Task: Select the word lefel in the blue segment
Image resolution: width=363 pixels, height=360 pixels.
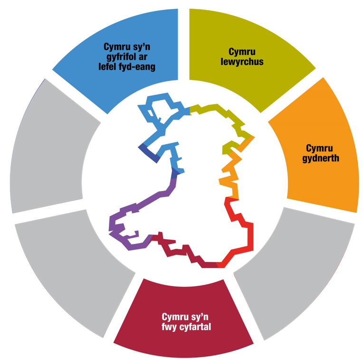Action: point(106,67)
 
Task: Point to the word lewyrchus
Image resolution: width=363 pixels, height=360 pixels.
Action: point(242,62)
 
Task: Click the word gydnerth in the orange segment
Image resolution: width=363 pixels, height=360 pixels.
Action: point(321,158)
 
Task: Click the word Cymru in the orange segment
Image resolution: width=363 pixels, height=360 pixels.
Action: point(319,148)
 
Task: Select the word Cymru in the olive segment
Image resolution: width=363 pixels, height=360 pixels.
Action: point(242,52)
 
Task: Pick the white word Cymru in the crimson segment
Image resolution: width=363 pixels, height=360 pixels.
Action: point(175,317)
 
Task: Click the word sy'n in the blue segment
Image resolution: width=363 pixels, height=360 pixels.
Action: point(142,47)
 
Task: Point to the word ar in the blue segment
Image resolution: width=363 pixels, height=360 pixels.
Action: point(143,57)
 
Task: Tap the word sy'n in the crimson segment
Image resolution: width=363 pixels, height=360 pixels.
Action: point(200,317)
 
